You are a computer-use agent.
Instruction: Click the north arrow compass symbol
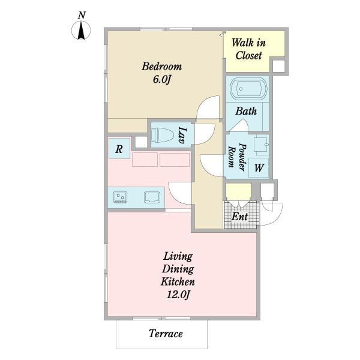click(81, 31)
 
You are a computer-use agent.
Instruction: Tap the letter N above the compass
click(82, 16)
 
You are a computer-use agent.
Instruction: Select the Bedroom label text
click(161, 67)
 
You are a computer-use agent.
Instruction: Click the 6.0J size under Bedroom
click(162, 80)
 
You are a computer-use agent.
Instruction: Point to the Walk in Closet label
click(248, 49)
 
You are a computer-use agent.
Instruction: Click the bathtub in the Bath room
click(248, 89)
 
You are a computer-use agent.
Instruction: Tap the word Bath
click(246, 112)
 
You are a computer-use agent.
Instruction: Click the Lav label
click(182, 135)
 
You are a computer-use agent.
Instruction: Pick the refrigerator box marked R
click(119, 148)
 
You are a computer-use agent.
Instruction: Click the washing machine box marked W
click(259, 168)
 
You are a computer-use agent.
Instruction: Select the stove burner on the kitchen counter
click(121, 197)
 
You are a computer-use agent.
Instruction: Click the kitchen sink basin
click(152, 197)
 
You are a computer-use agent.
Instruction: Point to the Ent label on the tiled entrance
click(239, 216)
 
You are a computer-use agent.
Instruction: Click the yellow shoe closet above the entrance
click(239, 191)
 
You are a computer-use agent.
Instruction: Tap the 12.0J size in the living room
click(178, 295)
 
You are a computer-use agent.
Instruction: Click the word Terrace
click(166, 334)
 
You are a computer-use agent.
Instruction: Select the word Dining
click(178, 269)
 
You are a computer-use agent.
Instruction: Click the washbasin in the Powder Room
click(262, 145)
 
